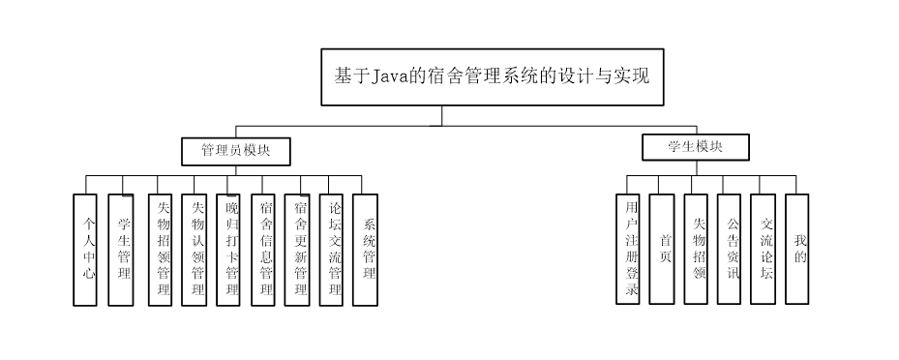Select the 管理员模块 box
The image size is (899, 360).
tap(236, 151)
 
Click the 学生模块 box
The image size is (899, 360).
tap(695, 147)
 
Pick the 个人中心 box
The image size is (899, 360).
tap(85, 250)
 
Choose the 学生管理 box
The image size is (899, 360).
tap(121, 250)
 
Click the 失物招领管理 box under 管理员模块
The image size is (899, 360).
tap(161, 250)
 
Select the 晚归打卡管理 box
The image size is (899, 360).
tap(228, 250)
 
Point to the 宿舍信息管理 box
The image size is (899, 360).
tap(262, 250)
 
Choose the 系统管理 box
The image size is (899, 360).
tap(365, 250)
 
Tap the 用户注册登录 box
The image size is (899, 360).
tap(628, 250)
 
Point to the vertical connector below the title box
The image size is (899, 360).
tap(442, 115)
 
